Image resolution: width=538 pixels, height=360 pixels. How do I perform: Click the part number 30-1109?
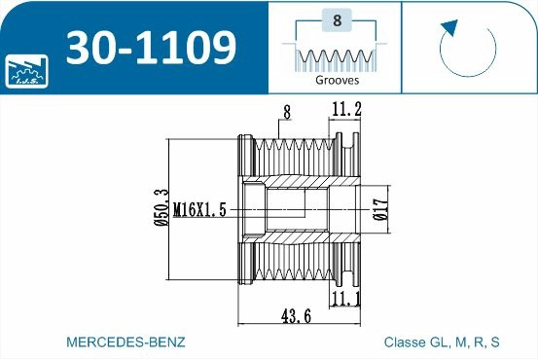(x=152, y=47)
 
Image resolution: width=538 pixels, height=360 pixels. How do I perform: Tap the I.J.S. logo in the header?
(x=24, y=69)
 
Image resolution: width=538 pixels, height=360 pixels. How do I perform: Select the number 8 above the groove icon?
(x=336, y=19)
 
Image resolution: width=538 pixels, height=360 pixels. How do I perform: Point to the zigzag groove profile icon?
(x=336, y=58)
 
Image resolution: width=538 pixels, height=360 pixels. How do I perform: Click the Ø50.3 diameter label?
(x=161, y=208)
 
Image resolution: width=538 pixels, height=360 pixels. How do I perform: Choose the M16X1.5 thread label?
(x=199, y=209)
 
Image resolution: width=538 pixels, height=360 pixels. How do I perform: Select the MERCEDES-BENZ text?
(x=125, y=342)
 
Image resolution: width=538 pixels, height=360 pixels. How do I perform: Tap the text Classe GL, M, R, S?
(x=442, y=342)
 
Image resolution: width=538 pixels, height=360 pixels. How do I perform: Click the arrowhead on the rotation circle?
(x=448, y=27)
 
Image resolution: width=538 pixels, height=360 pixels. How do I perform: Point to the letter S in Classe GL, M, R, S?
(x=495, y=342)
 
